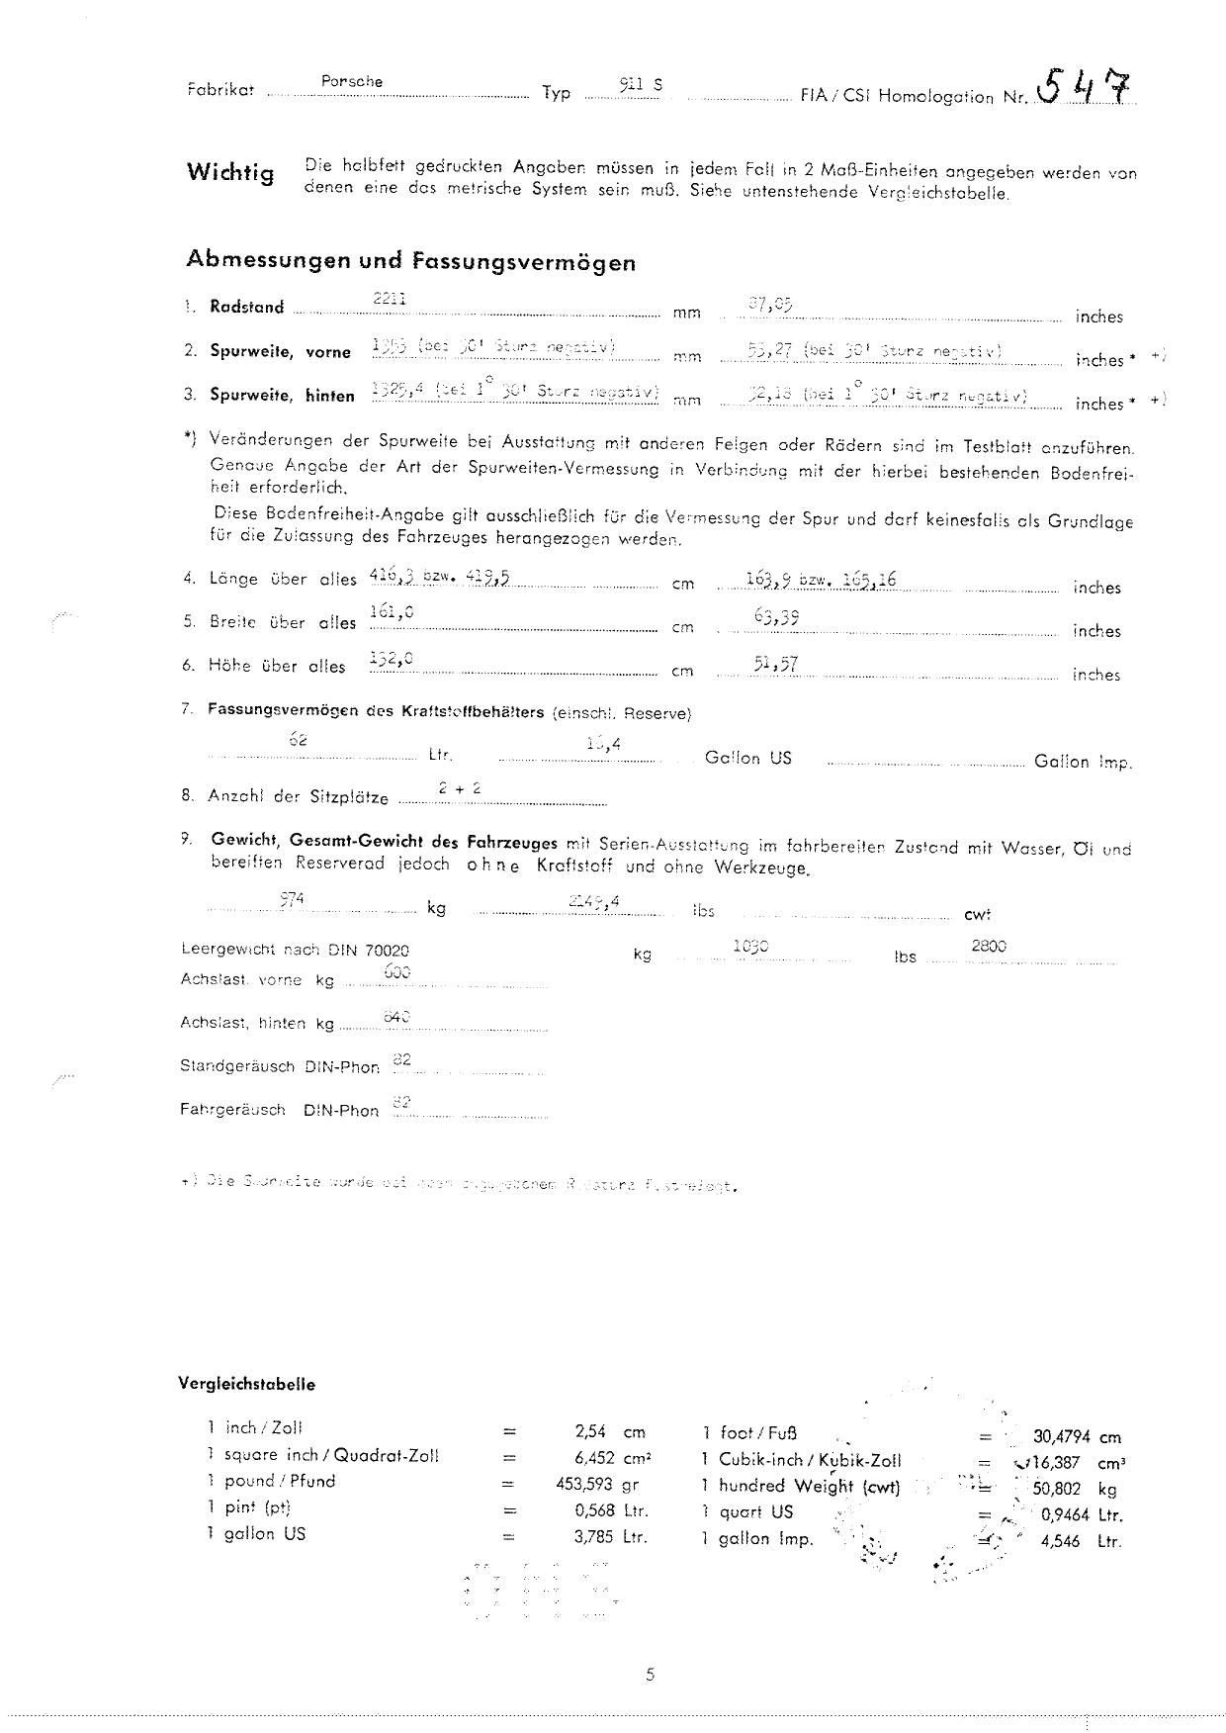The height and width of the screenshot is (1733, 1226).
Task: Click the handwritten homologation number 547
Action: point(1085,88)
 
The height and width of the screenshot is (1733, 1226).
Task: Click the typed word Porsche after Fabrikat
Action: point(352,81)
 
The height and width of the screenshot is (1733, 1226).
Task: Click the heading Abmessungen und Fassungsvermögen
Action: point(410,261)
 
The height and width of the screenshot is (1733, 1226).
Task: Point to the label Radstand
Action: point(246,307)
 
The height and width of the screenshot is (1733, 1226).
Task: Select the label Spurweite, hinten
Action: point(282,395)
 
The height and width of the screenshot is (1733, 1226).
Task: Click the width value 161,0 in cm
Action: point(392,613)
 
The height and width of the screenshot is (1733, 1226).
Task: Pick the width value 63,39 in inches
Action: point(776,617)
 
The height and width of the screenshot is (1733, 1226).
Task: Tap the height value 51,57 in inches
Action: point(775,663)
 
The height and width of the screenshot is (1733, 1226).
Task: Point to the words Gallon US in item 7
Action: point(747,759)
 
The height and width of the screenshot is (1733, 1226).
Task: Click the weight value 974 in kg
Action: point(292,898)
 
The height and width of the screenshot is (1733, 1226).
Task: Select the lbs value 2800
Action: point(989,946)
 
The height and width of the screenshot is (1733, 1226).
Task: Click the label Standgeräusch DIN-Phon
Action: point(279,1066)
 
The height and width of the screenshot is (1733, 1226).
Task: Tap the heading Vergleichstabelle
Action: point(246,1384)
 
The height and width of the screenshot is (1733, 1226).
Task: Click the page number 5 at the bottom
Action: point(650,1675)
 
